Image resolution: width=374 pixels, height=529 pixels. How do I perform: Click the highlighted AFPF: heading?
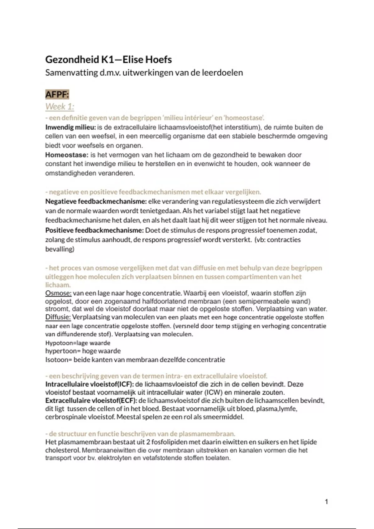57,94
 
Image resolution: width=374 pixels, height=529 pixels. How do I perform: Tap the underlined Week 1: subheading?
60,106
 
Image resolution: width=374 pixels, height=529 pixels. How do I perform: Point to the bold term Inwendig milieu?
70,127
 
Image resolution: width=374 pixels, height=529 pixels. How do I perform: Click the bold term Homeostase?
67,155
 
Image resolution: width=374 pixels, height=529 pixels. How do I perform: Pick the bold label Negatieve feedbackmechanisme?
96,201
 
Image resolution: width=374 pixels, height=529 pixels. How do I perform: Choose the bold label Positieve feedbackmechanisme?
94,230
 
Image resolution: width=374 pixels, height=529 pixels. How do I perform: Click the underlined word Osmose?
58,293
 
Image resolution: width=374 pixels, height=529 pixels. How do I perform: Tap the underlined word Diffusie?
58,317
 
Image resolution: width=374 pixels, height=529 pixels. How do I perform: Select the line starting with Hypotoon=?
78,343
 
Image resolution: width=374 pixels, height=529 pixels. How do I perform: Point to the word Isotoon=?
58,360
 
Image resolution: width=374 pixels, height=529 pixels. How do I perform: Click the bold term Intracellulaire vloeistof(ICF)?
89,384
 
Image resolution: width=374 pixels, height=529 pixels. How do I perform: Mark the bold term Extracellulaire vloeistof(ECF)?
91,400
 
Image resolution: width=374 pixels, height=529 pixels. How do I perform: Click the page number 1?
326,501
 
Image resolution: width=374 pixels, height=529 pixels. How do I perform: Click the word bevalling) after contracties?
60,249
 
